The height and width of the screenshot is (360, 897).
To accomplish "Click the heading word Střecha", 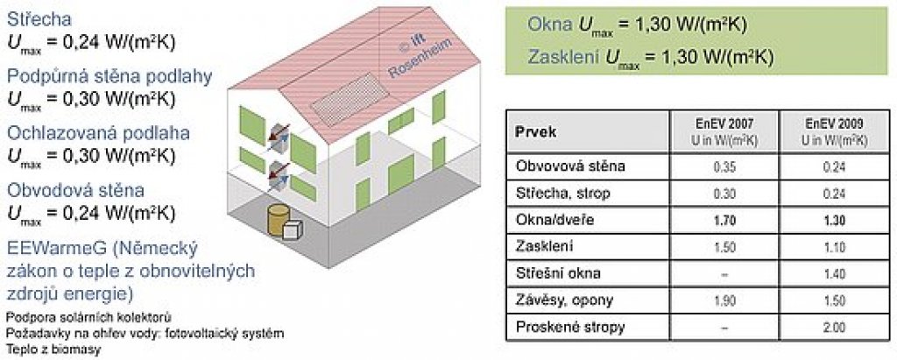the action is point(39,19).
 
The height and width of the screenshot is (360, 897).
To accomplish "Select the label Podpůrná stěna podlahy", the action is point(109,77).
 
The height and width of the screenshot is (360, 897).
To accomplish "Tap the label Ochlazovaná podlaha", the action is point(98,133).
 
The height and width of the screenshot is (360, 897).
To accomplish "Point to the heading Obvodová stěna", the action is point(75,190).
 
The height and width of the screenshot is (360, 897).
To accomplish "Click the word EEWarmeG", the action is point(56,250).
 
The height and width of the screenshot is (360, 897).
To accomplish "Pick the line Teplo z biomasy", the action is point(53,349).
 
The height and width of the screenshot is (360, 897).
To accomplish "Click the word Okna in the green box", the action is point(549,25).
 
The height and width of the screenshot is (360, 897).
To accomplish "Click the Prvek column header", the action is point(537,132).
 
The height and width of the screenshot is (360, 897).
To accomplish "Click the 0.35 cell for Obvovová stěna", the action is point(724,167).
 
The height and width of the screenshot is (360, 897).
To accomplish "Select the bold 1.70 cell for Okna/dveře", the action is point(724,221).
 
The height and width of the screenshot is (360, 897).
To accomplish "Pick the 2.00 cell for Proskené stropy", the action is point(835,328).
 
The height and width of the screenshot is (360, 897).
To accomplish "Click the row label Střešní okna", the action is point(558,273).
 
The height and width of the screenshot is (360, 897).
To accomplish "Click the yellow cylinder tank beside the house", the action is point(278,220).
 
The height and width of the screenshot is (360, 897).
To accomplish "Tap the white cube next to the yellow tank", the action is point(293,229).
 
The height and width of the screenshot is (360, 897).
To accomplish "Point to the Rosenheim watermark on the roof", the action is point(420,58).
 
